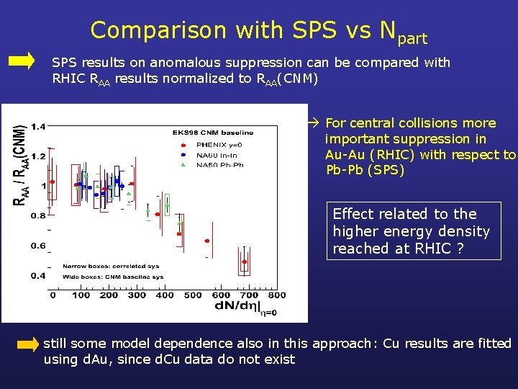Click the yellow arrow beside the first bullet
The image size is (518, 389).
[x=21, y=61]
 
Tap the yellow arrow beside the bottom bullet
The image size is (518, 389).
[x=27, y=344]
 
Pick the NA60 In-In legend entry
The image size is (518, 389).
[x=209, y=155]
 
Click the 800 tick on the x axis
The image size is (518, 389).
[x=276, y=295]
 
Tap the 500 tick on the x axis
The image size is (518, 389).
[x=193, y=295]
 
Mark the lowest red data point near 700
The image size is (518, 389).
[x=245, y=262]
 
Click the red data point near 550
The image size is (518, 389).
[x=206, y=241]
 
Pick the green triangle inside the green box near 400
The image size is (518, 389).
[x=167, y=205]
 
